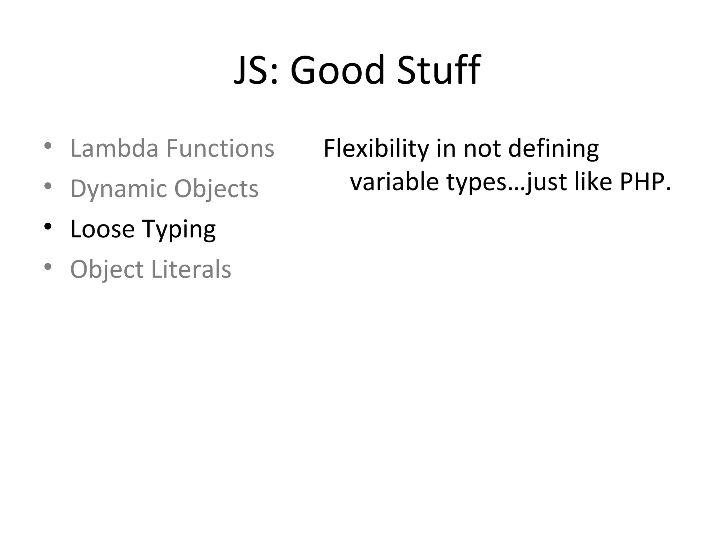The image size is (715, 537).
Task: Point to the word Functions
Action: point(220,148)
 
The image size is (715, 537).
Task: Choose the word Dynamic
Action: point(119,189)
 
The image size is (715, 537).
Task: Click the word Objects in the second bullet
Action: point(216,189)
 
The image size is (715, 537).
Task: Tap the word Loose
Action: point(102,229)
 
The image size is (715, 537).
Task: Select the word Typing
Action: point(179,230)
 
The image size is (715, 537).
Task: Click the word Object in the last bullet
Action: point(107,270)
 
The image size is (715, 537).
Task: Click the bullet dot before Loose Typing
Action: point(48,226)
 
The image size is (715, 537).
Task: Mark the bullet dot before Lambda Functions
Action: point(48,145)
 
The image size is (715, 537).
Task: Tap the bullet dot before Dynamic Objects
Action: point(48,186)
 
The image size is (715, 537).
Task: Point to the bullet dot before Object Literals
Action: point(48,266)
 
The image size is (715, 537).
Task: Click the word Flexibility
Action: point(376,149)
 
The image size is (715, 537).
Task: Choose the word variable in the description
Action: point(394,182)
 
